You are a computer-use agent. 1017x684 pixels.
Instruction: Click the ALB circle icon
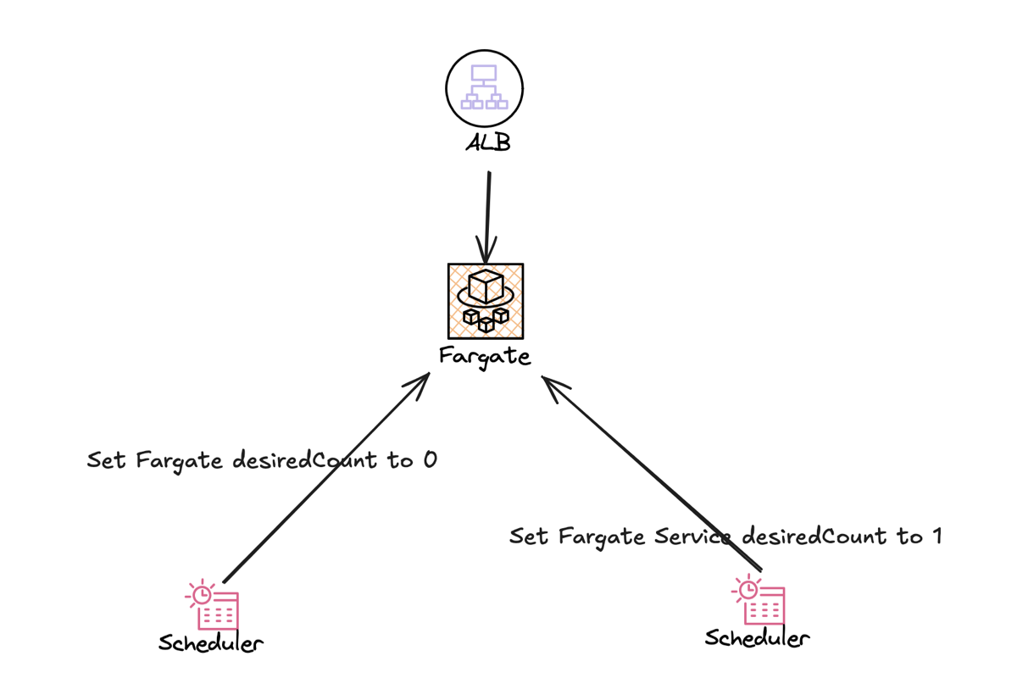(x=484, y=88)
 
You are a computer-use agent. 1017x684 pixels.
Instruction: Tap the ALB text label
(x=488, y=142)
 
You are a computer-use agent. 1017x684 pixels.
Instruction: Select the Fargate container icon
(x=486, y=301)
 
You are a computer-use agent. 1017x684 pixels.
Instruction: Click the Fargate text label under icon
(x=485, y=355)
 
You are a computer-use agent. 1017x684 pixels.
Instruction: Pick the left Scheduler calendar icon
(x=213, y=604)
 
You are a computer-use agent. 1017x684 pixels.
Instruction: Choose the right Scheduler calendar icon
(x=759, y=599)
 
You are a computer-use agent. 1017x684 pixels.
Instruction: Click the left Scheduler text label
(x=211, y=643)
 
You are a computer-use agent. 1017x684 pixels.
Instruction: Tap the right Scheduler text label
(x=757, y=637)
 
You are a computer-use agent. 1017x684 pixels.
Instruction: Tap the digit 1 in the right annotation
(x=935, y=537)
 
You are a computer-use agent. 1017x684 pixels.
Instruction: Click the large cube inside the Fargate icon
(x=486, y=286)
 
